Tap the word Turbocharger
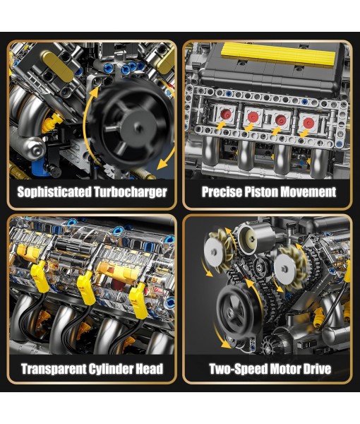click(x=130, y=192)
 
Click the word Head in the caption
click(x=153, y=369)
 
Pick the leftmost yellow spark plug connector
click(x=40, y=276)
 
